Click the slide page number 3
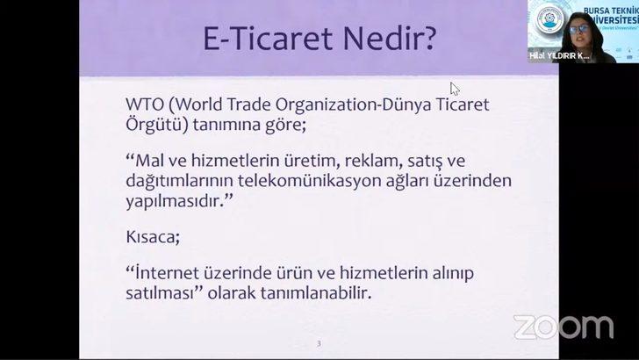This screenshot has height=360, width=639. tap(320, 342)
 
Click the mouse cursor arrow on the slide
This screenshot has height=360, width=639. tap(455, 88)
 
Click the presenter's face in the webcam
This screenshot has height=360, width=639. tap(580, 26)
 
